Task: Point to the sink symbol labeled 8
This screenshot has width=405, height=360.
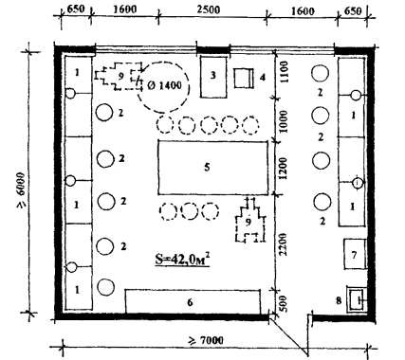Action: click(358, 298)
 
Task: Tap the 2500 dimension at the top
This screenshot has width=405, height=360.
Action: click(209, 9)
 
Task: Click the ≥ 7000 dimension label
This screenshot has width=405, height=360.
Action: click(206, 340)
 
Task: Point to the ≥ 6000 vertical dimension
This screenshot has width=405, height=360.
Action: click(21, 190)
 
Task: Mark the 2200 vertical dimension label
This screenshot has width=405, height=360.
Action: click(283, 244)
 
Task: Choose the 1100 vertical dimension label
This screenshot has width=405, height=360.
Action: click(284, 72)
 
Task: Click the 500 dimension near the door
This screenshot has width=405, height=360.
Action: click(283, 303)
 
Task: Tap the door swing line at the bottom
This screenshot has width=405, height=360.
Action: click(288, 335)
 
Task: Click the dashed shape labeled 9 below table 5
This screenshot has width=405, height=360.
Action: click(250, 220)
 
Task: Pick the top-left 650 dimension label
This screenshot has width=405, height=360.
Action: click(76, 9)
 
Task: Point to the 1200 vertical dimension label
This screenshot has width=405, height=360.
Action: click(284, 168)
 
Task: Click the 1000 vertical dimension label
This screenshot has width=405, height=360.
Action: click(284, 121)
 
